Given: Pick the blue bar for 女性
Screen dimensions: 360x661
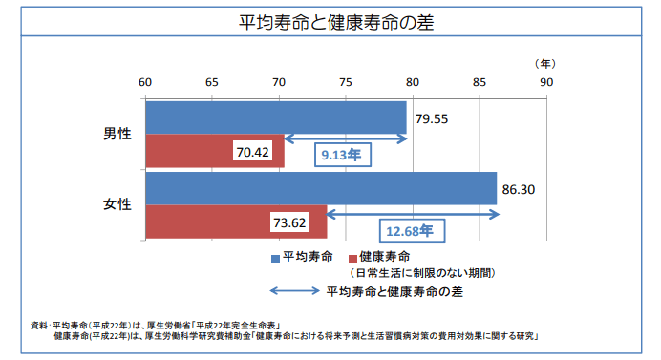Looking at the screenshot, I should pos(320,188).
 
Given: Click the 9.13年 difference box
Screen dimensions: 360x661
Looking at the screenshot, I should pos(339,154).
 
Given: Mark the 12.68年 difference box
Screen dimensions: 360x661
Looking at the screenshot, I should pos(409,230).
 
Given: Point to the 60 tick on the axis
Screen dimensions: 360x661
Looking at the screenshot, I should pos(144,83).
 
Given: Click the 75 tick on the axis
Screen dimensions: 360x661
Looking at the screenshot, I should pos(346,83).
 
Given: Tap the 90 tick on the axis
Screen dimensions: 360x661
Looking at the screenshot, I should pos(546,83).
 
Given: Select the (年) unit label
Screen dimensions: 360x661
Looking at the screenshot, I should pos(545,63).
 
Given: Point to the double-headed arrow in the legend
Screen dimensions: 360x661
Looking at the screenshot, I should pos(295,290).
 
